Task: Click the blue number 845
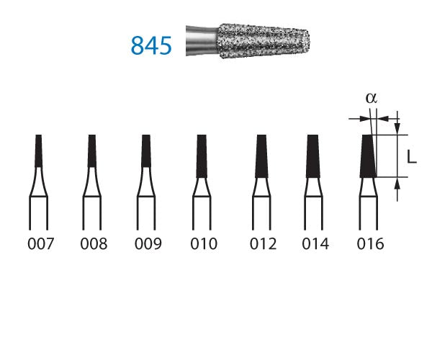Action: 151,45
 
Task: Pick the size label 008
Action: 93,244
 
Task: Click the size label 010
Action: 202,244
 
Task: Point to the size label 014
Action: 315,244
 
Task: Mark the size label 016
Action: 370,244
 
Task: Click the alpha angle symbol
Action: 371,99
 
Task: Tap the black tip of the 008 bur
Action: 92,150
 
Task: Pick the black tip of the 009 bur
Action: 147,151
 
